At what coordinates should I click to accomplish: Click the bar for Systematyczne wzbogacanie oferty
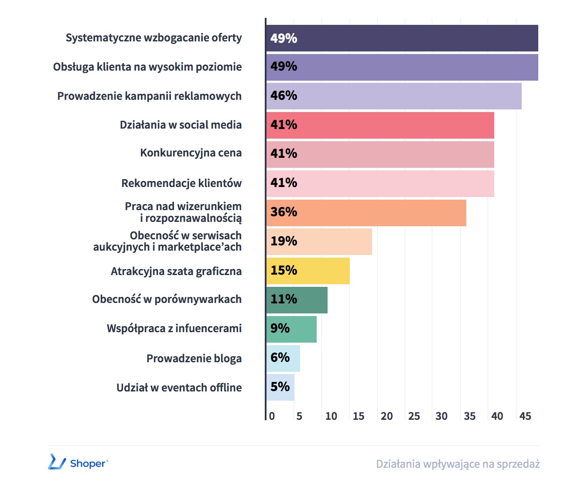(x=402, y=38)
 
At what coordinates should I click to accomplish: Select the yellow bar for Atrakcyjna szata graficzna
(x=308, y=271)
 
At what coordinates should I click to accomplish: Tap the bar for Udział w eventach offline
(x=280, y=387)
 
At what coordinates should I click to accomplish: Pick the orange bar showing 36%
(x=366, y=213)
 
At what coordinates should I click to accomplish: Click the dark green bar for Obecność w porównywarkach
(x=297, y=299)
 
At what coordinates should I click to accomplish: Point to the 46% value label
(x=284, y=95)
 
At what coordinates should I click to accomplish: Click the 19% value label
(x=284, y=241)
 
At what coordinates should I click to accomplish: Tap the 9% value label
(x=280, y=328)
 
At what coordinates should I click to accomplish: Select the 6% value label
(x=280, y=357)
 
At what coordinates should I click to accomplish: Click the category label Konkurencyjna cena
(x=191, y=153)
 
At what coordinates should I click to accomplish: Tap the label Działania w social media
(x=181, y=125)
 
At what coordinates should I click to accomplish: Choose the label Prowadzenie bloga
(x=194, y=359)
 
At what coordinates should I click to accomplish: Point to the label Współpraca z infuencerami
(x=174, y=329)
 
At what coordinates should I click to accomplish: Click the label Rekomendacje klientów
(x=181, y=184)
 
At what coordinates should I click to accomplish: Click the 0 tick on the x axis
(x=272, y=416)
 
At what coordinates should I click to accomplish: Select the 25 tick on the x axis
(x=414, y=416)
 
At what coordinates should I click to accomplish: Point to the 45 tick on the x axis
(x=525, y=416)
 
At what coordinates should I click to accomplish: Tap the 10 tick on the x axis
(x=331, y=416)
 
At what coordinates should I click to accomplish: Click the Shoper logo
(x=78, y=463)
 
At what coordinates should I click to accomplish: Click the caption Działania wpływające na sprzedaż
(x=458, y=464)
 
